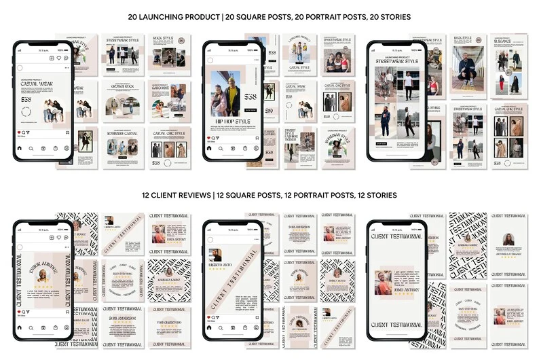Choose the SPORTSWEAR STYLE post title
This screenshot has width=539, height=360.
tap(337, 40)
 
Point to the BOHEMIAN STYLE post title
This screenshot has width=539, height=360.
tap(337, 136)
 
